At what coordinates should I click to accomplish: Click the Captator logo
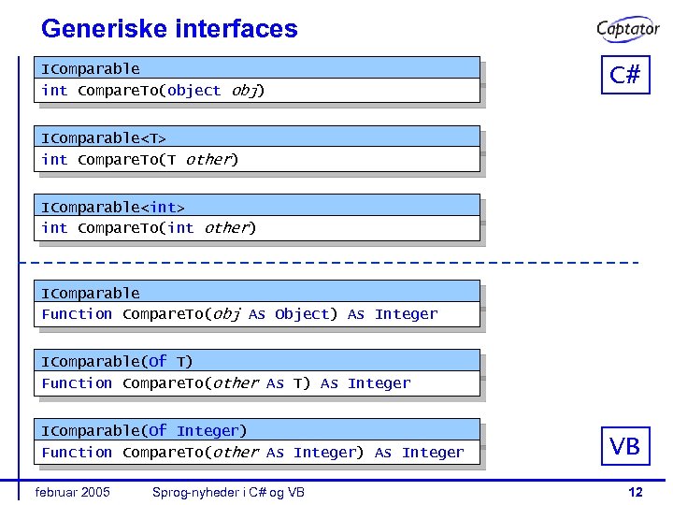[628, 29]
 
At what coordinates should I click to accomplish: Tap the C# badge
[625, 75]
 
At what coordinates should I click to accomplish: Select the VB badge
[625, 446]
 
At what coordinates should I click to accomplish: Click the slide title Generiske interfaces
[169, 29]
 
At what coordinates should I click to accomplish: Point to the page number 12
[635, 492]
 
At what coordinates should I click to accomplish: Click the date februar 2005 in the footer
[72, 492]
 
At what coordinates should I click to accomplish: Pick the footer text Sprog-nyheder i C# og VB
[228, 492]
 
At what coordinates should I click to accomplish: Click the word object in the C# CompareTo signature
[194, 91]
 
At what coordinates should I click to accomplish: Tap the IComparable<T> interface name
[104, 138]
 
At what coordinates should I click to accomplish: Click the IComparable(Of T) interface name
[117, 361]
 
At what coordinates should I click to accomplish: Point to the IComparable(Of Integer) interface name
[144, 430]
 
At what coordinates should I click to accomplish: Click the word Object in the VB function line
[302, 314]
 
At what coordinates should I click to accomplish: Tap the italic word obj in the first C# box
[245, 91]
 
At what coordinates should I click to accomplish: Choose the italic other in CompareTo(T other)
[208, 160]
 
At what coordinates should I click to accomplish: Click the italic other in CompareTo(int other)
[225, 228]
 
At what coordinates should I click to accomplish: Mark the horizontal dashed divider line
[336, 262]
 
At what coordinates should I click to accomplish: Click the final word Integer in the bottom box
[433, 453]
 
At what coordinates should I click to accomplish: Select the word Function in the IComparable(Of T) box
[77, 383]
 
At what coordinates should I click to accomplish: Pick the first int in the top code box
[54, 91]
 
